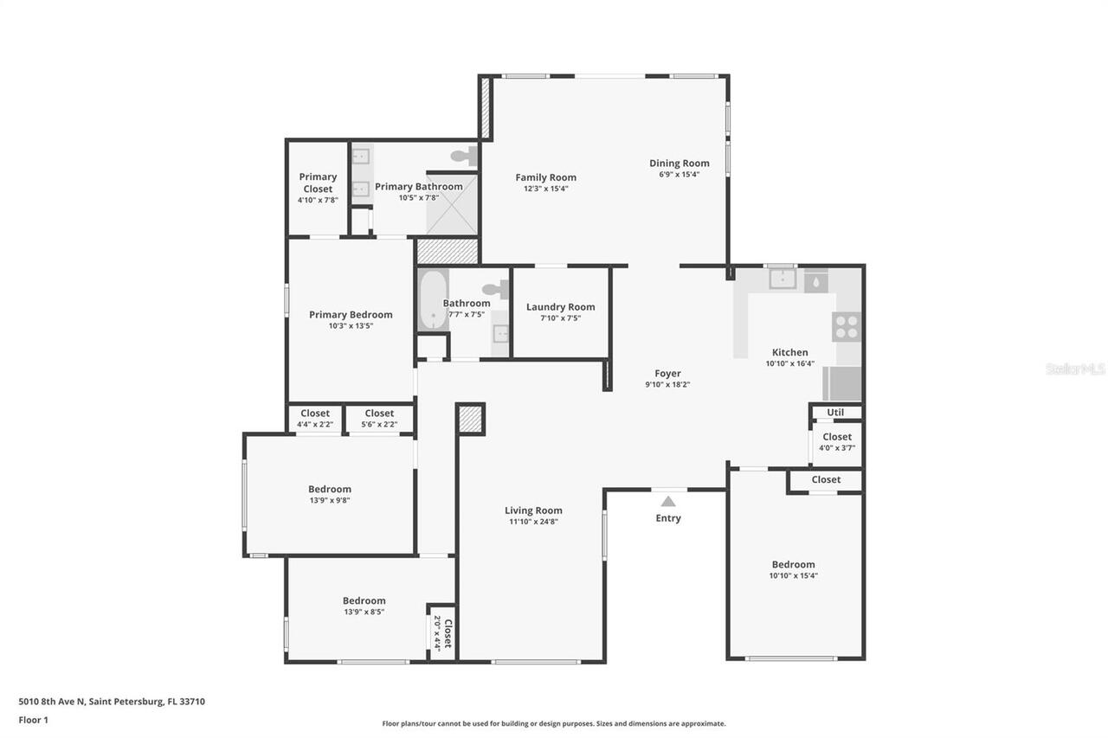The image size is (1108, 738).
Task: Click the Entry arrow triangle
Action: pos(667,501)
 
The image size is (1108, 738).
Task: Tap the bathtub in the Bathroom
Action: pos(432,300)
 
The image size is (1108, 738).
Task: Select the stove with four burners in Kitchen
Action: pos(847,326)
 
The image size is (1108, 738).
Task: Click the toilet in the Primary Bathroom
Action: pos(466,157)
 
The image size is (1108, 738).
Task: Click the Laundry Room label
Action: pos(560,307)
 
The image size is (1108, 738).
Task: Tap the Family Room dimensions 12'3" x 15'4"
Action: pos(545,189)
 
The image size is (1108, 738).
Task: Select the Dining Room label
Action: pos(680,163)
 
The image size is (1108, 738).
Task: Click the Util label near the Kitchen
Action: pos(835,413)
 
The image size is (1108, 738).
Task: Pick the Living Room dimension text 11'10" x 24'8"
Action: pos(533,521)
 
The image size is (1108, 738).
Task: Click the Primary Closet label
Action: pos(318,183)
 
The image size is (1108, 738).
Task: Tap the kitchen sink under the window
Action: pos(783,279)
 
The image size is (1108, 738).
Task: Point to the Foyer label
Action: pos(667,374)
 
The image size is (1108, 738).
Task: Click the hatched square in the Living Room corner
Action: pos(471,420)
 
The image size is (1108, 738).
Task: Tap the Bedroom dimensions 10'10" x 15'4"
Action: pos(793,575)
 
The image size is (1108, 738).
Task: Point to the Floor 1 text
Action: pos(33,720)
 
